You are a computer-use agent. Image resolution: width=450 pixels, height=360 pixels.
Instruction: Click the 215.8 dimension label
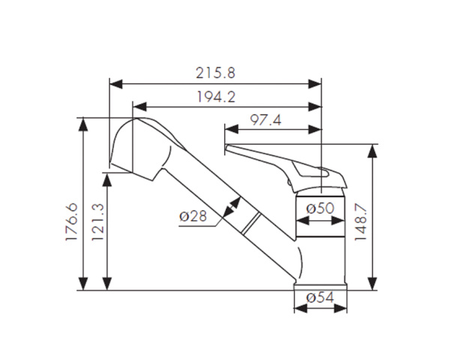coord(215,73)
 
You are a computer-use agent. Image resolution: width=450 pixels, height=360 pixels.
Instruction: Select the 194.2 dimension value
coord(216,97)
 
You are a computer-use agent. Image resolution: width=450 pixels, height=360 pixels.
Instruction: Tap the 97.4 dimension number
coord(265,120)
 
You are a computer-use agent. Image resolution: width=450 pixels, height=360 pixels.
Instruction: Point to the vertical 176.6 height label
coord(71,222)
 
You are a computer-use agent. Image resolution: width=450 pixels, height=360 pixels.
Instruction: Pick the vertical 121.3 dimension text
coord(97,222)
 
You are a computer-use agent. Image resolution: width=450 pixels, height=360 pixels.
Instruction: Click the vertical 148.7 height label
coord(361,223)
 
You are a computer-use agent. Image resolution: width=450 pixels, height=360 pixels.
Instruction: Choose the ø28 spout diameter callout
coord(193,216)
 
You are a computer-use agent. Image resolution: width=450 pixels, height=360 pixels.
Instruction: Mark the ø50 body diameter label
coord(320,208)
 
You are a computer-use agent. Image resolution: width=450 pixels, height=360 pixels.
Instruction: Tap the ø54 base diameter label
coord(320,298)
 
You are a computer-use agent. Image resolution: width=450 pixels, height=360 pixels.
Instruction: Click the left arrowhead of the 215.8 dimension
coord(116,84)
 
